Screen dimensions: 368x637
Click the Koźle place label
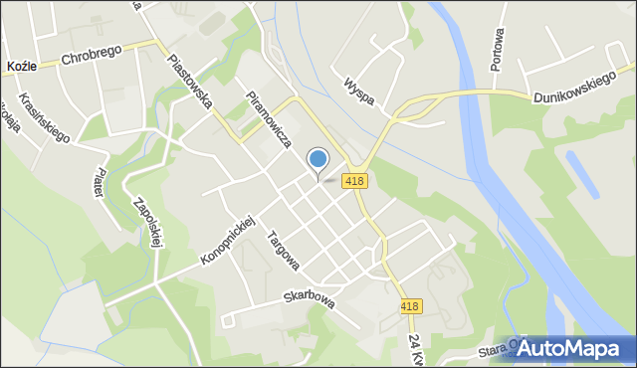click(22, 65)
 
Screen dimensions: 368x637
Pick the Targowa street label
click(284, 251)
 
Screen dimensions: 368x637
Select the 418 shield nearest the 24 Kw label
click(410, 307)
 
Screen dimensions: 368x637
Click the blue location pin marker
click(318, 159)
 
